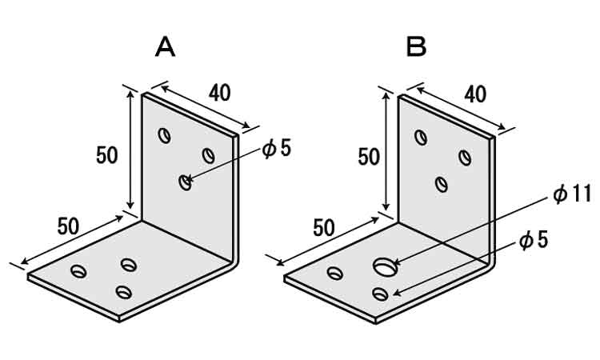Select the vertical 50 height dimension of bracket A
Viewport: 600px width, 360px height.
[x=108, y=154]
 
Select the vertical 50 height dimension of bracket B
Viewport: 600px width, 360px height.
[x=369, y=157]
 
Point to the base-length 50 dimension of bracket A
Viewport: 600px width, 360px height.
[x=69, y=226]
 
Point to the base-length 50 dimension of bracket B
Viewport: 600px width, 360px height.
[x=324, y=227]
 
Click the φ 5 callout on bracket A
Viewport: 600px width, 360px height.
[x=277, y=149]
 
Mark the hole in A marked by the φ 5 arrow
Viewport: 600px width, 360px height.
[x=185, y=182]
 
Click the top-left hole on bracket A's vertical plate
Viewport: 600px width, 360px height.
[x=164, y=135]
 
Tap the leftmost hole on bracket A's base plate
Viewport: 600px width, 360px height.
[x=78, y=271]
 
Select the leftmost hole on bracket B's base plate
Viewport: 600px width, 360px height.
[x=335, y=274]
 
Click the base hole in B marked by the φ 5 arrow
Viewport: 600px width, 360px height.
[x=380, y=294]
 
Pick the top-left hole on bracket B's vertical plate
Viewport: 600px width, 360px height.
[x=420, y=137]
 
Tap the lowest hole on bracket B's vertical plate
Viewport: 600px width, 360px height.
[x=441, y=184]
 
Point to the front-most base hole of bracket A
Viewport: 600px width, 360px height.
[x=122, y=292]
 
